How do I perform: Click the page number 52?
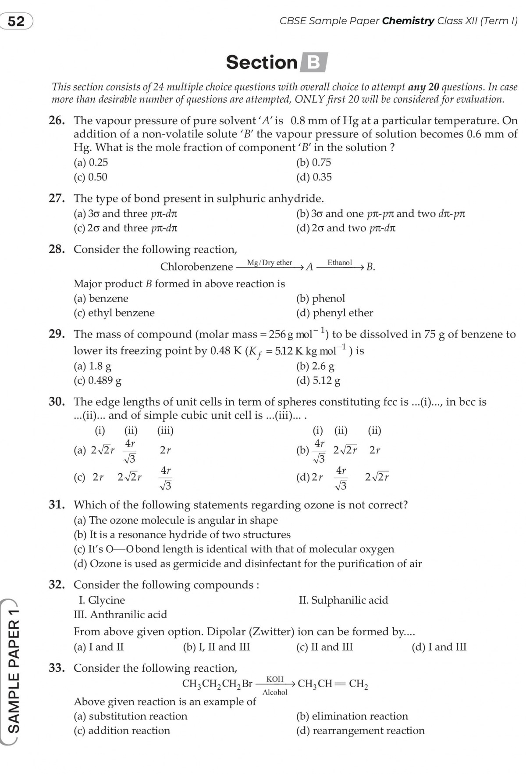16,21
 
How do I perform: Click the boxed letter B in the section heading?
313,62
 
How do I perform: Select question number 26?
57,120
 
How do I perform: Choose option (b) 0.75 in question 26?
313,162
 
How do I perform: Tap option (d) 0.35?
314,177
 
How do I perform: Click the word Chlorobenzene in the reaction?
196,267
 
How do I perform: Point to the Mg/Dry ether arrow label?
269,263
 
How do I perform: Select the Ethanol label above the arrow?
339,263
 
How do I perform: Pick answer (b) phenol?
320,299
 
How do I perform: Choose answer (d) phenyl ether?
334,313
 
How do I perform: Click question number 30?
57,402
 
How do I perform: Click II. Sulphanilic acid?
343,600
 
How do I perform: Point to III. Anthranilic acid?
120,615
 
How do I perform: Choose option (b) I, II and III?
217,647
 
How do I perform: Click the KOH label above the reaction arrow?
275,679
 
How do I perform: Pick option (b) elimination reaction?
352,716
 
